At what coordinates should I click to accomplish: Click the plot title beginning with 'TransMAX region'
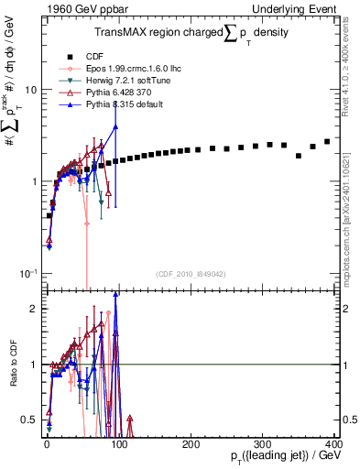coord(191,34)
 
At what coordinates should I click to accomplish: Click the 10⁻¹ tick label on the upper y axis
coord(27,273)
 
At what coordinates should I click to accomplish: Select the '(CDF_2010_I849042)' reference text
coord(191,274)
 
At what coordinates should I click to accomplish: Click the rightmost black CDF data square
coord(327,142)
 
